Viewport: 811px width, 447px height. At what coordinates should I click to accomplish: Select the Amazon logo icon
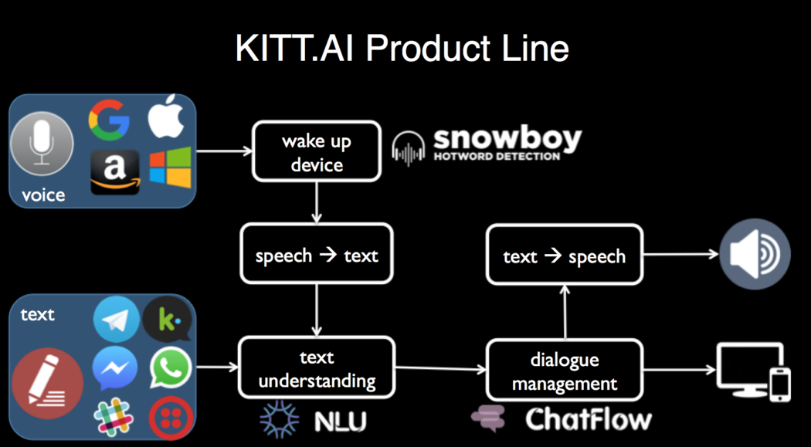pyautogui.click(x=114, y=171)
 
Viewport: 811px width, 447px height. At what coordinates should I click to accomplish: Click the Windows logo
pyautogui.click(x=170, y=168)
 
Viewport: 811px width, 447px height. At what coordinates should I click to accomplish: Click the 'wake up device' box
pyautogui.click(x=317, y=152)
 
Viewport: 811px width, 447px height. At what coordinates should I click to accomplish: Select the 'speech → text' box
pyautogui.click(x=317, y=255)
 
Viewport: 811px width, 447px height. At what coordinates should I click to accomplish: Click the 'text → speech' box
pyautogui.click(x=564, y=256)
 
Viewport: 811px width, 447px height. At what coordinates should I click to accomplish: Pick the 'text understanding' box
pyautogui.click(x=317, y=368)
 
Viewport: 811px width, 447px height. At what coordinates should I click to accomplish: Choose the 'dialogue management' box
pyautogui.click(x=564, y=371)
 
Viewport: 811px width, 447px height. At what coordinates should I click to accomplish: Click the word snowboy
pyautogui.click(x=507, y=140)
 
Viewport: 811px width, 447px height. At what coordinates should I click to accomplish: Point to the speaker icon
pyautogui.click(x=755, y=256)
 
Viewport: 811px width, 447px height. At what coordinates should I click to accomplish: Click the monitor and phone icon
pyautogui.click(x=753, y=371)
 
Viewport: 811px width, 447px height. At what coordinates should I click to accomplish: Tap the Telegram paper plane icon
pyautogui.click(x=117, y=319)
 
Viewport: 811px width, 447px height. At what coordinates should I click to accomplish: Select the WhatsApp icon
pyautogui.click(x=170, y=368)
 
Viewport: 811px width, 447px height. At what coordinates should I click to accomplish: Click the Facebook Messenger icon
pyautogui.click(x=115, y=368)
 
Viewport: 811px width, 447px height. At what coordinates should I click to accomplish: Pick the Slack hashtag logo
pyautogui.click(x=114, y=417)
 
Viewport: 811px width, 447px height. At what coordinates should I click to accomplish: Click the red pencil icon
pyautogui.click(x=48, y=383)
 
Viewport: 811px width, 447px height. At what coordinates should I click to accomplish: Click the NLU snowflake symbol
pyautogui.click(x=279, y=420)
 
